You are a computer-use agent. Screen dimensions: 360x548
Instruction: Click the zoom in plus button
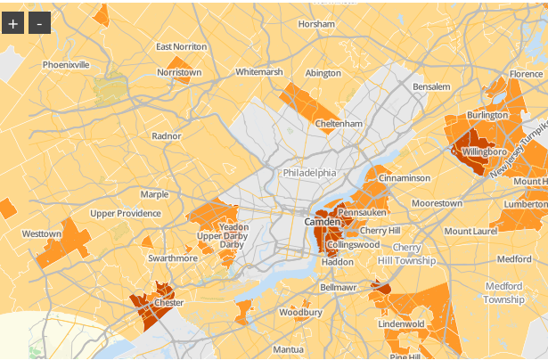[13, 23]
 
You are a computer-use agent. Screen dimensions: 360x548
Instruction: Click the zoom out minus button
[39, 23]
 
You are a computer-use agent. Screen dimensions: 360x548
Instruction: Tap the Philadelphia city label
[310, 172]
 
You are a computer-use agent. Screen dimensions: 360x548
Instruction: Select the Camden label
[322, 221]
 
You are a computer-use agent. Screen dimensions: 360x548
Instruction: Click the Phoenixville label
[66, 65]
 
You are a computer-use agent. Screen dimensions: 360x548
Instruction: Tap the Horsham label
[315, 24]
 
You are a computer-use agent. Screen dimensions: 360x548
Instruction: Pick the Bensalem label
[431, 86]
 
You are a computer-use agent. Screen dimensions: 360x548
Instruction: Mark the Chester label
[168, 303]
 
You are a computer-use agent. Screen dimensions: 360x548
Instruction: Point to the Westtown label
[41, 233]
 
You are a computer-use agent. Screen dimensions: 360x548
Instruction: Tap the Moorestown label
[438, 203]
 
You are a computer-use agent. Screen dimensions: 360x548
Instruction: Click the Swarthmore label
[173, 258]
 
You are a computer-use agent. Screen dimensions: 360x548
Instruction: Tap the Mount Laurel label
[470, 231]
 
